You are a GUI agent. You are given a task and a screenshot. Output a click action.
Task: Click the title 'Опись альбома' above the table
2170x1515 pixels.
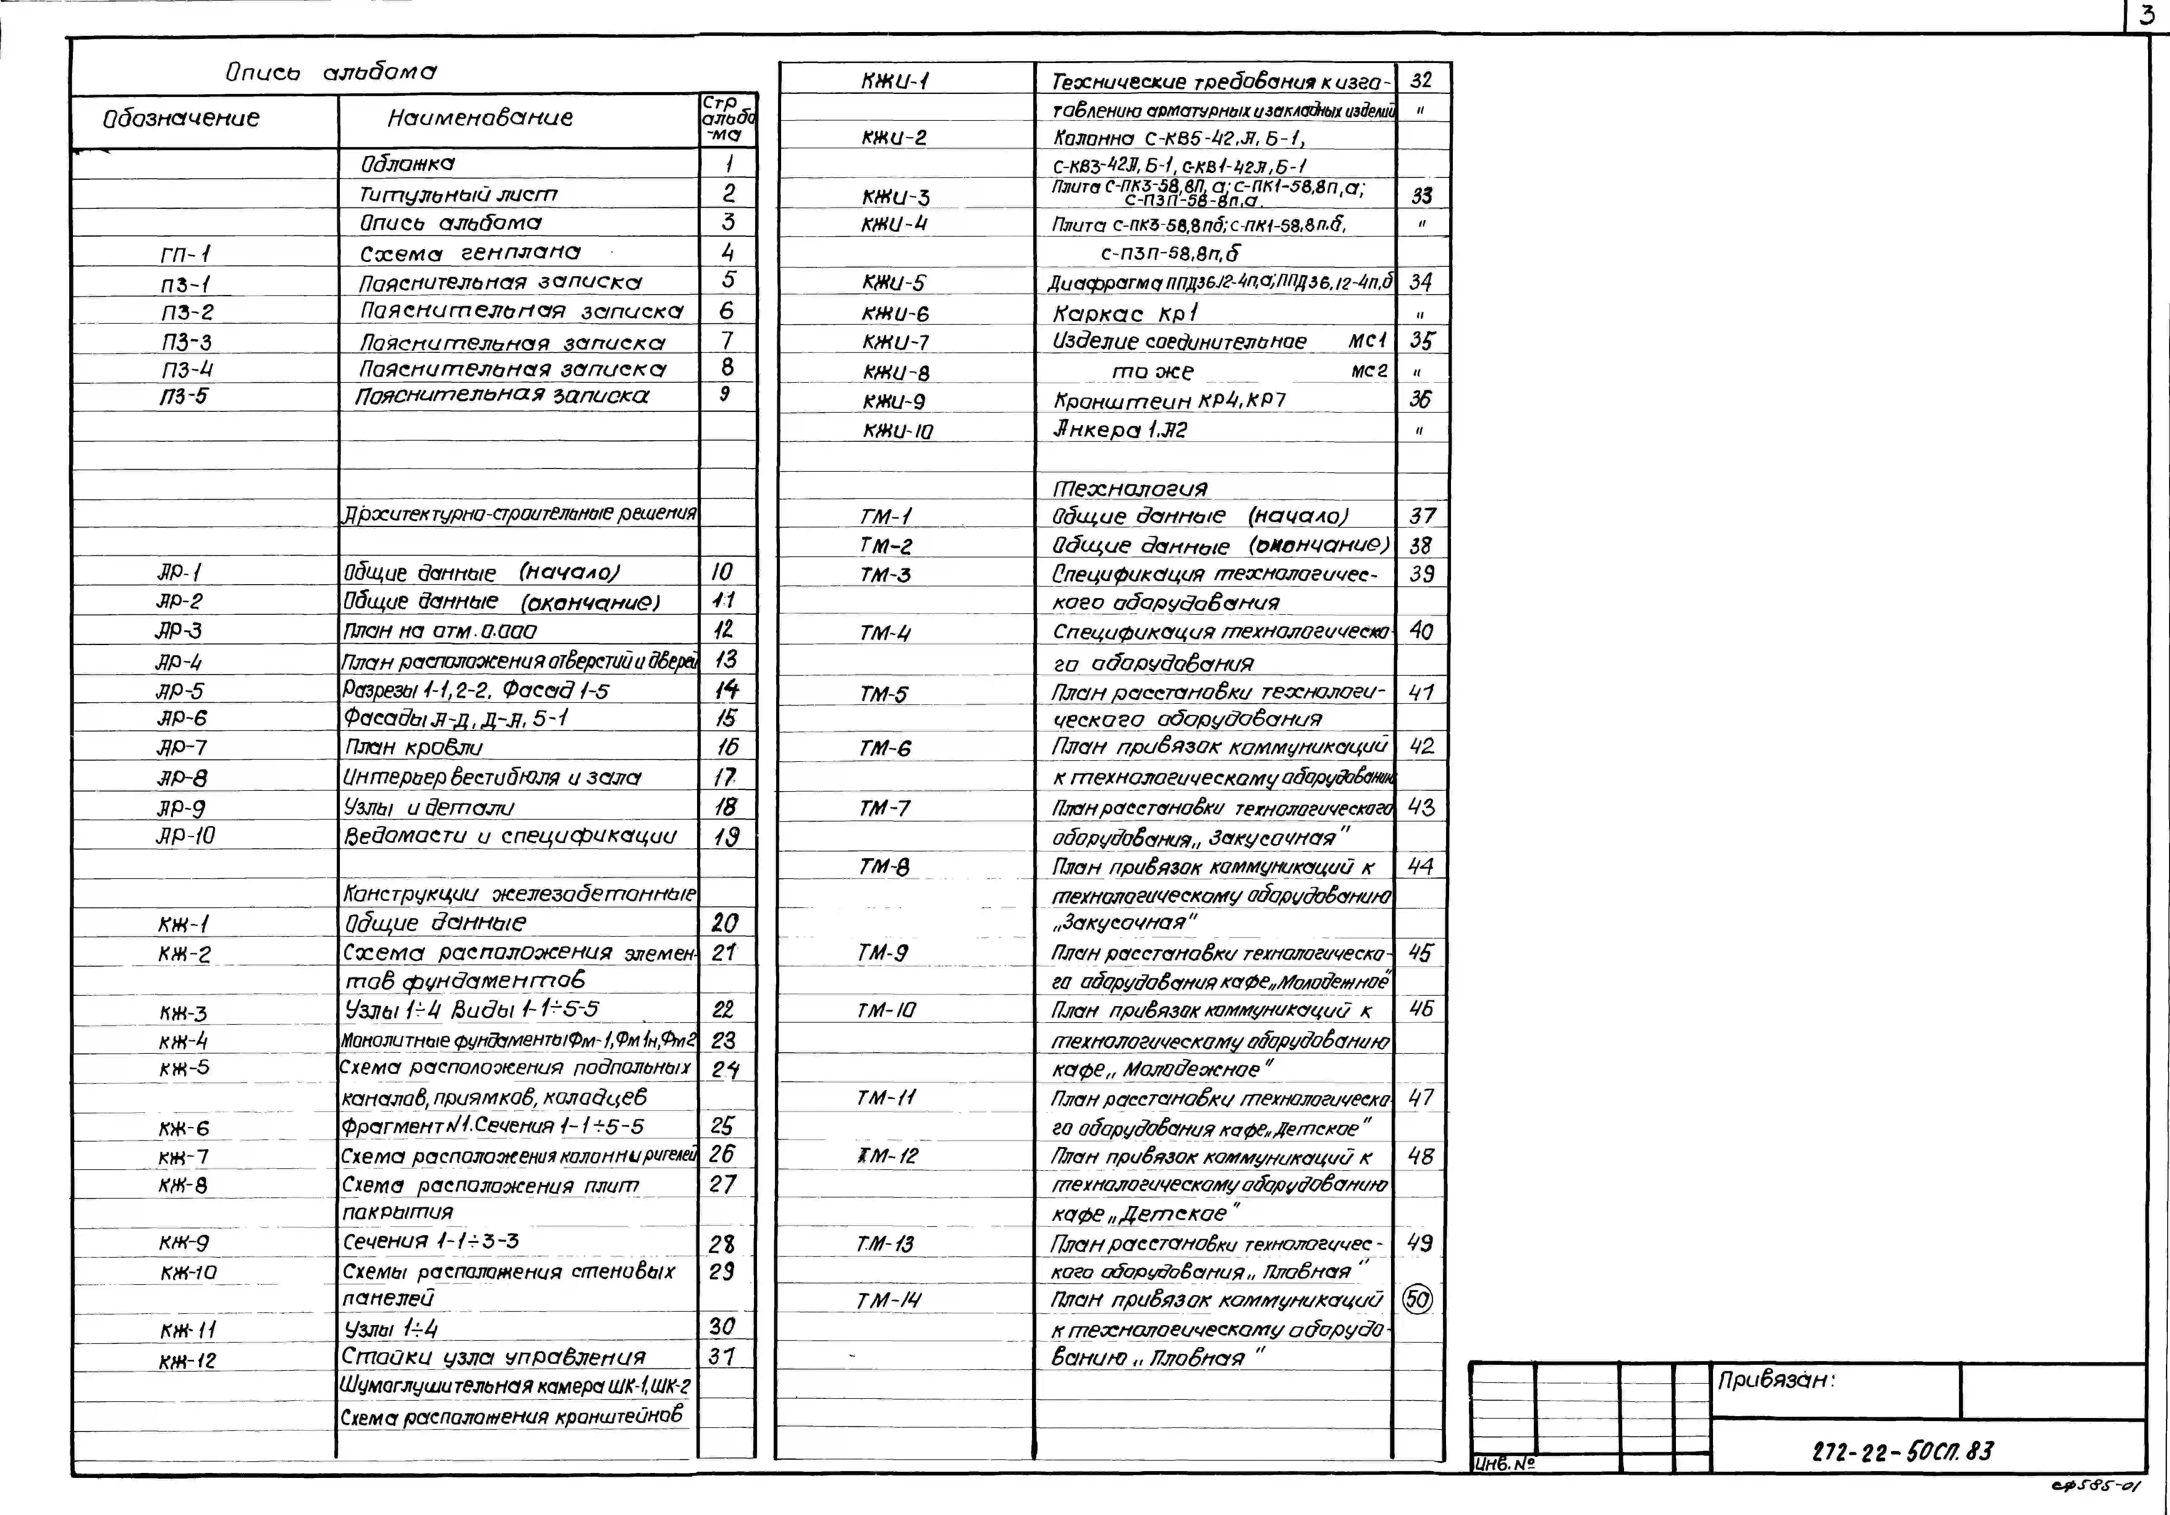[x=331, y=72]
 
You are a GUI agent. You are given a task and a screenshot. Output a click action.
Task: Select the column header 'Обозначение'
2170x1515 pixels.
[x=180, y=118]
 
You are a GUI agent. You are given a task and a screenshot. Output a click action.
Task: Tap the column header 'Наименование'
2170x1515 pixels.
[x=480, y=118]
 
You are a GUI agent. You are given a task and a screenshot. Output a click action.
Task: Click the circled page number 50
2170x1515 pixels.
[x=1418, y=1299]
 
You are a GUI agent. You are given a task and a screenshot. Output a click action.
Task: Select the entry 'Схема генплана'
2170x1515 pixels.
[x=470, y=253]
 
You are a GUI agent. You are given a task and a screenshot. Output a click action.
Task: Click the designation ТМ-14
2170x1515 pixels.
[x=888, y=1301]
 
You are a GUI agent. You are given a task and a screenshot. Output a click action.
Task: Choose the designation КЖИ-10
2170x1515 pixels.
[x=897, y=431]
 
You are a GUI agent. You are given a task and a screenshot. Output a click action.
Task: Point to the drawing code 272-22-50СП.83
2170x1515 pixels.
[x=1902, y=1451]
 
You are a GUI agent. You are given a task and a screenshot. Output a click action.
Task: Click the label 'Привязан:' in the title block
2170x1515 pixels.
[x=1776, y=1380]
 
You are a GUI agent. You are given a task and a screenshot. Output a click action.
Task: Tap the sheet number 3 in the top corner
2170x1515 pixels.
[x=2148, y=15]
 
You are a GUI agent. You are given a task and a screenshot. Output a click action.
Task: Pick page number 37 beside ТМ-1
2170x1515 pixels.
[x=1421, y=516]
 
